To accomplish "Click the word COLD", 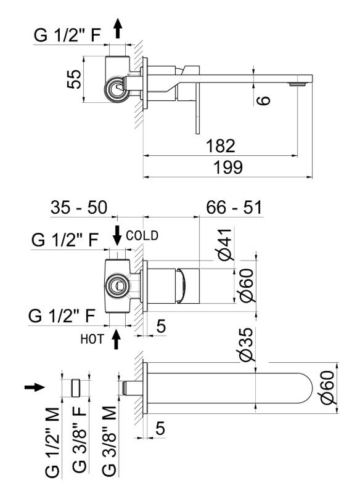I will [142, 235].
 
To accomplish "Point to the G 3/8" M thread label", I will [107, 442].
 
